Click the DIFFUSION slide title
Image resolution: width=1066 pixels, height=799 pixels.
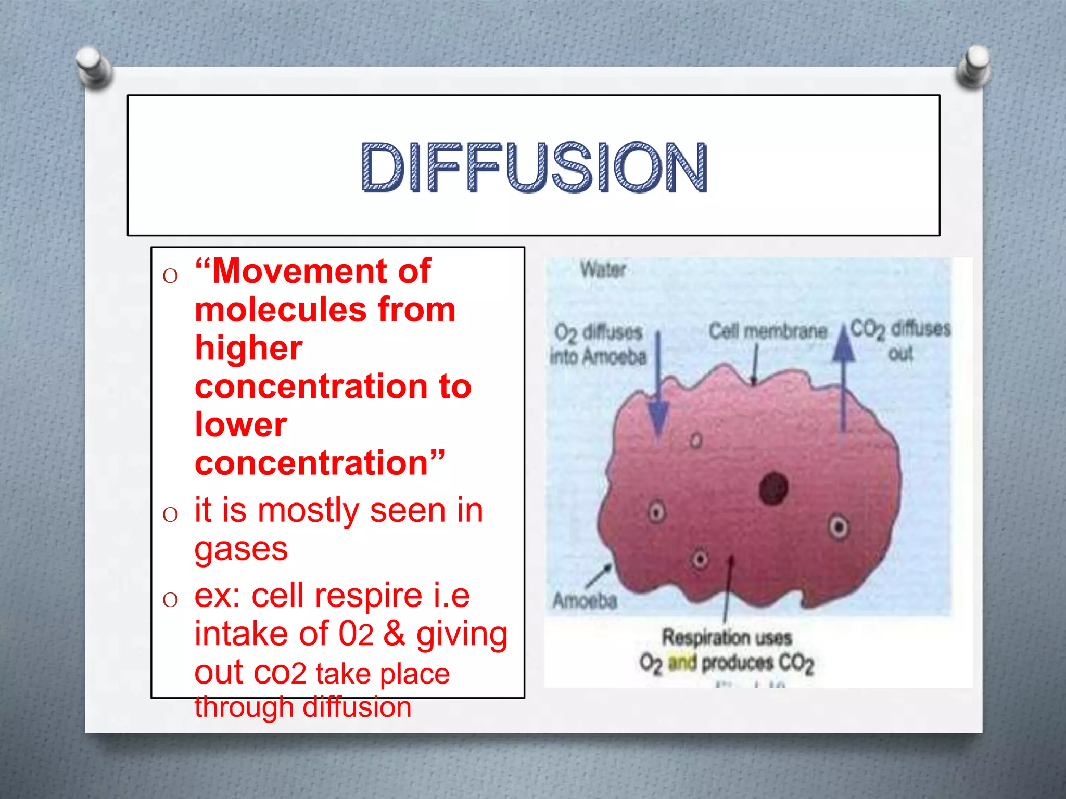coord(534,166)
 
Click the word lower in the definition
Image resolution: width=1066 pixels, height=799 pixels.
coord(240,424)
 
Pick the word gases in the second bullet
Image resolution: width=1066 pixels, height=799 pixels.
coord(241,549)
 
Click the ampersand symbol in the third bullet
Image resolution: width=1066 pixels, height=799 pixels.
coord(395,634)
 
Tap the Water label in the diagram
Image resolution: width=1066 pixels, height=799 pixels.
coord(603,269)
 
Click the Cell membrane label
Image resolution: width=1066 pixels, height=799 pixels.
coord(768,331)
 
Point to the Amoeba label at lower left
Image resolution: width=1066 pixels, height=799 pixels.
coord(585,601)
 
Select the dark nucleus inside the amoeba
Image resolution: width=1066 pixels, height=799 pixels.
coord(773,488)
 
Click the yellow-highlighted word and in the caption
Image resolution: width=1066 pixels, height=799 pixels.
coord(682,663)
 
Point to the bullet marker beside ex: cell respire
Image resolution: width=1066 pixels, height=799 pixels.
coord(170,600)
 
